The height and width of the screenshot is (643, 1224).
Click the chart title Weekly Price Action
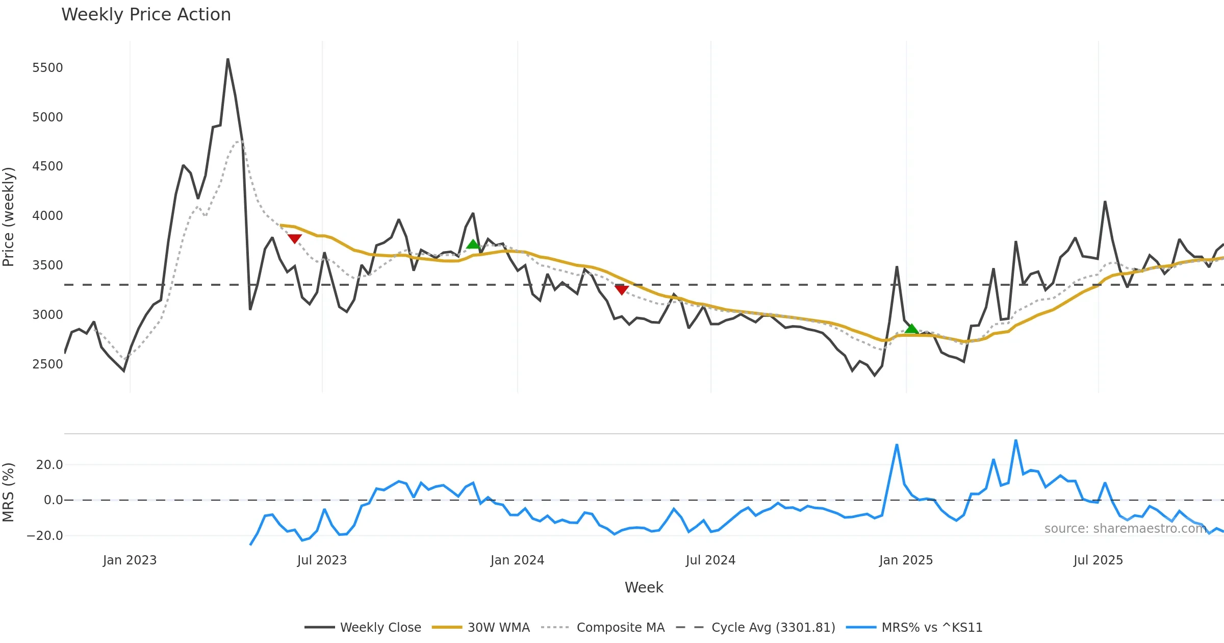click(x=146, y=15)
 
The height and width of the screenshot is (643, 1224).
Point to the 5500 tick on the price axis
click(x=47, y=68)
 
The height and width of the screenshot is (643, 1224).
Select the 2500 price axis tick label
click(x=47, y=364)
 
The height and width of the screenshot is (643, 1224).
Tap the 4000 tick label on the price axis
click(x=47, y=216)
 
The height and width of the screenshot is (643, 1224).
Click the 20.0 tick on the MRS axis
click(x=49, y=465)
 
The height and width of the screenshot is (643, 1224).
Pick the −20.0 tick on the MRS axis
click(x=45, y=536)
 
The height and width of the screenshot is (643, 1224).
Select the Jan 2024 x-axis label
click(x=517, y=560)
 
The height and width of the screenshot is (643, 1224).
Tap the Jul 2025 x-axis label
click(x=1098, y=560)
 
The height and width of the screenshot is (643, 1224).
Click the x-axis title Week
click(x=644, y=588)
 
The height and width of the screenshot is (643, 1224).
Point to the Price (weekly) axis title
click(x=9, y=217)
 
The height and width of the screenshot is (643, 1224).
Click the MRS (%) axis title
click(x=9, y=492)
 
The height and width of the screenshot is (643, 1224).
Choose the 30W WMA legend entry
click(x=498, y=628)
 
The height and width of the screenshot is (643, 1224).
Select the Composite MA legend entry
click(x=620, y=628)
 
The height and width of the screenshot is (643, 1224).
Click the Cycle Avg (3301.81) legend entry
click(x=773, y=628)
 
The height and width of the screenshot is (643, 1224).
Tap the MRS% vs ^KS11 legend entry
click(x=932, y=628)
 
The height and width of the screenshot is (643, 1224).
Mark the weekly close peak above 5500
click(x=228, y=59)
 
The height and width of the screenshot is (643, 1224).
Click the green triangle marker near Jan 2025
click(x=912, y=329)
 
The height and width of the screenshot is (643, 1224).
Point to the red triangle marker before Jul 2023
click(x=294, y=239)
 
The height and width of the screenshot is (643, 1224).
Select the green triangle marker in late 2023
click(x=473, y=244)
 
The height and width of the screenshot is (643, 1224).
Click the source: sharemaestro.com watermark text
click(x=1125, y=529)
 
